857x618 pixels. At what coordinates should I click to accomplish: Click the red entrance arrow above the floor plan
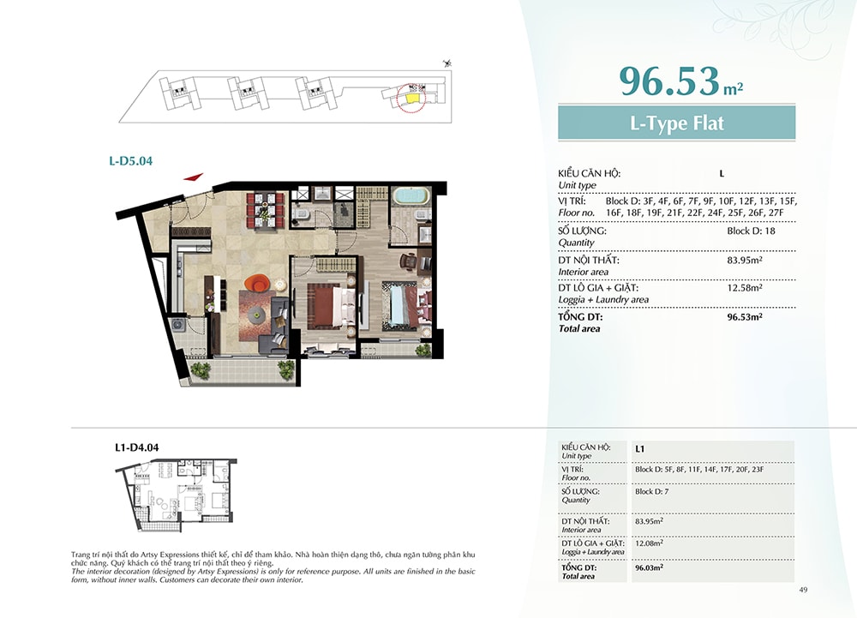[x=194, y=177]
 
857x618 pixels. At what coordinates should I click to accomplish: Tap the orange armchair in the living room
[x=257, y=284]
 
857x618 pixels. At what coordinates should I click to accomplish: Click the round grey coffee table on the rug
[x=256, y=315]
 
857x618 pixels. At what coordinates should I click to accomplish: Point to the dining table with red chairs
[x=266, y=210]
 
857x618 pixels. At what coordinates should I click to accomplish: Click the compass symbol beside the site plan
[x=448, y=63]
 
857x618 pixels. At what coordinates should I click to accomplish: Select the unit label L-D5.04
[x=130, y=160]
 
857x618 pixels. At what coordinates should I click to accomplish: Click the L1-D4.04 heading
[x=136, y=447]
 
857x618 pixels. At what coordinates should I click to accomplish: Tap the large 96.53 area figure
[x=669, y=81]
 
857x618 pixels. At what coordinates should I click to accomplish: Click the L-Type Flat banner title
[x=677, y=123]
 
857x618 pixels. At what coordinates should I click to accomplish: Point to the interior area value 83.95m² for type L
[x=745, y=260]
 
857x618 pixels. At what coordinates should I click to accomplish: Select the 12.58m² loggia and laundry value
[x=745, y=287]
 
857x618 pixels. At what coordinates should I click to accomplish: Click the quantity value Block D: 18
[x=751, y=231]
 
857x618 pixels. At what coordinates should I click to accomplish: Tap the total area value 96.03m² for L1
[x=649, y=567]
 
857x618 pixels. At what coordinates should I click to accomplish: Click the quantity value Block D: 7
[x=651, y=491]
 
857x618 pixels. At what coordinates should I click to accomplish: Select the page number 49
[x=803, y=590]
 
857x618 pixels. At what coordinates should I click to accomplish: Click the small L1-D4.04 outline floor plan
[x=176, y=495]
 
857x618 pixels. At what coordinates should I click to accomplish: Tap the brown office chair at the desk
[x=409, y=262]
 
